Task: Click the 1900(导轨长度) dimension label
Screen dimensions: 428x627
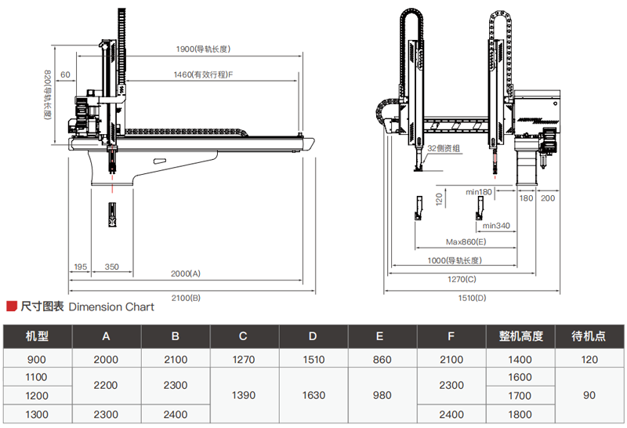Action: [x=202, y=49]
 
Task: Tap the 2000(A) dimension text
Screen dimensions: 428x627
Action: [x=186, y=274]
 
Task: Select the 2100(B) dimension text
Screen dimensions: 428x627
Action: [x=186, y=297]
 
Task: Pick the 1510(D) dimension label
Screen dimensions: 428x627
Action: [x=470, y=297]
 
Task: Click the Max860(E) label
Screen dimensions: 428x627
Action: [x=466, y=241]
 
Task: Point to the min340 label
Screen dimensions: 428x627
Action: [x=495, y=226]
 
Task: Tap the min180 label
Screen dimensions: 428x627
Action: [x=478, y=191]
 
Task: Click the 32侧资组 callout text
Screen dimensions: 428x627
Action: [x=443, y=148]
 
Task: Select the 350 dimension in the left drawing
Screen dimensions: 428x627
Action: [x=111, y=267]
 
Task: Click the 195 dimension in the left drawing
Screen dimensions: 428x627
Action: [x=79, y=267]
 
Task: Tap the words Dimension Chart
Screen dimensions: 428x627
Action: [x=111, y=306]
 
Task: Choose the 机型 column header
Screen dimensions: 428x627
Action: [x=37, y=336]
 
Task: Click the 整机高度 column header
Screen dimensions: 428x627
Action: [x=521, y=336]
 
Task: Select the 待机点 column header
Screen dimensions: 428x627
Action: [x=590, y=336]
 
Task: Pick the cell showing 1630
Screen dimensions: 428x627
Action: [x=312, y=396]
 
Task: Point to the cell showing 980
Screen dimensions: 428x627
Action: [x=382, y=396]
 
